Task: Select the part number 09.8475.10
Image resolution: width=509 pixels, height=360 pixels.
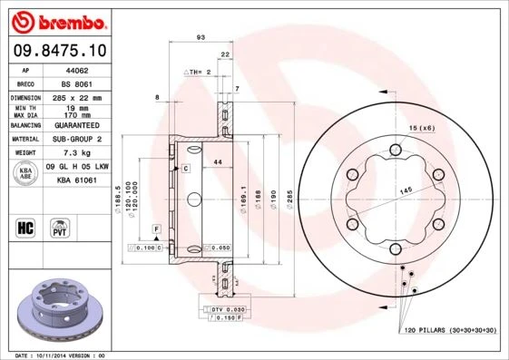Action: (61, 52)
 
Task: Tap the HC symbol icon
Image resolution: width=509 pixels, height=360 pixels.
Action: (26, 226)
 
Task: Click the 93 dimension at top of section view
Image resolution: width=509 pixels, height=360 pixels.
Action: (200, 36)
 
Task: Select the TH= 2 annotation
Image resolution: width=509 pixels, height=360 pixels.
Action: (199, 71)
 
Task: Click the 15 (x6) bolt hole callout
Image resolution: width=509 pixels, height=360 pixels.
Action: (422, 128)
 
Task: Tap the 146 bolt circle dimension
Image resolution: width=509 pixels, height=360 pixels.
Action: (406, 189)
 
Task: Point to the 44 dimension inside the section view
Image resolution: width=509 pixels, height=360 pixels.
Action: (218, 161)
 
